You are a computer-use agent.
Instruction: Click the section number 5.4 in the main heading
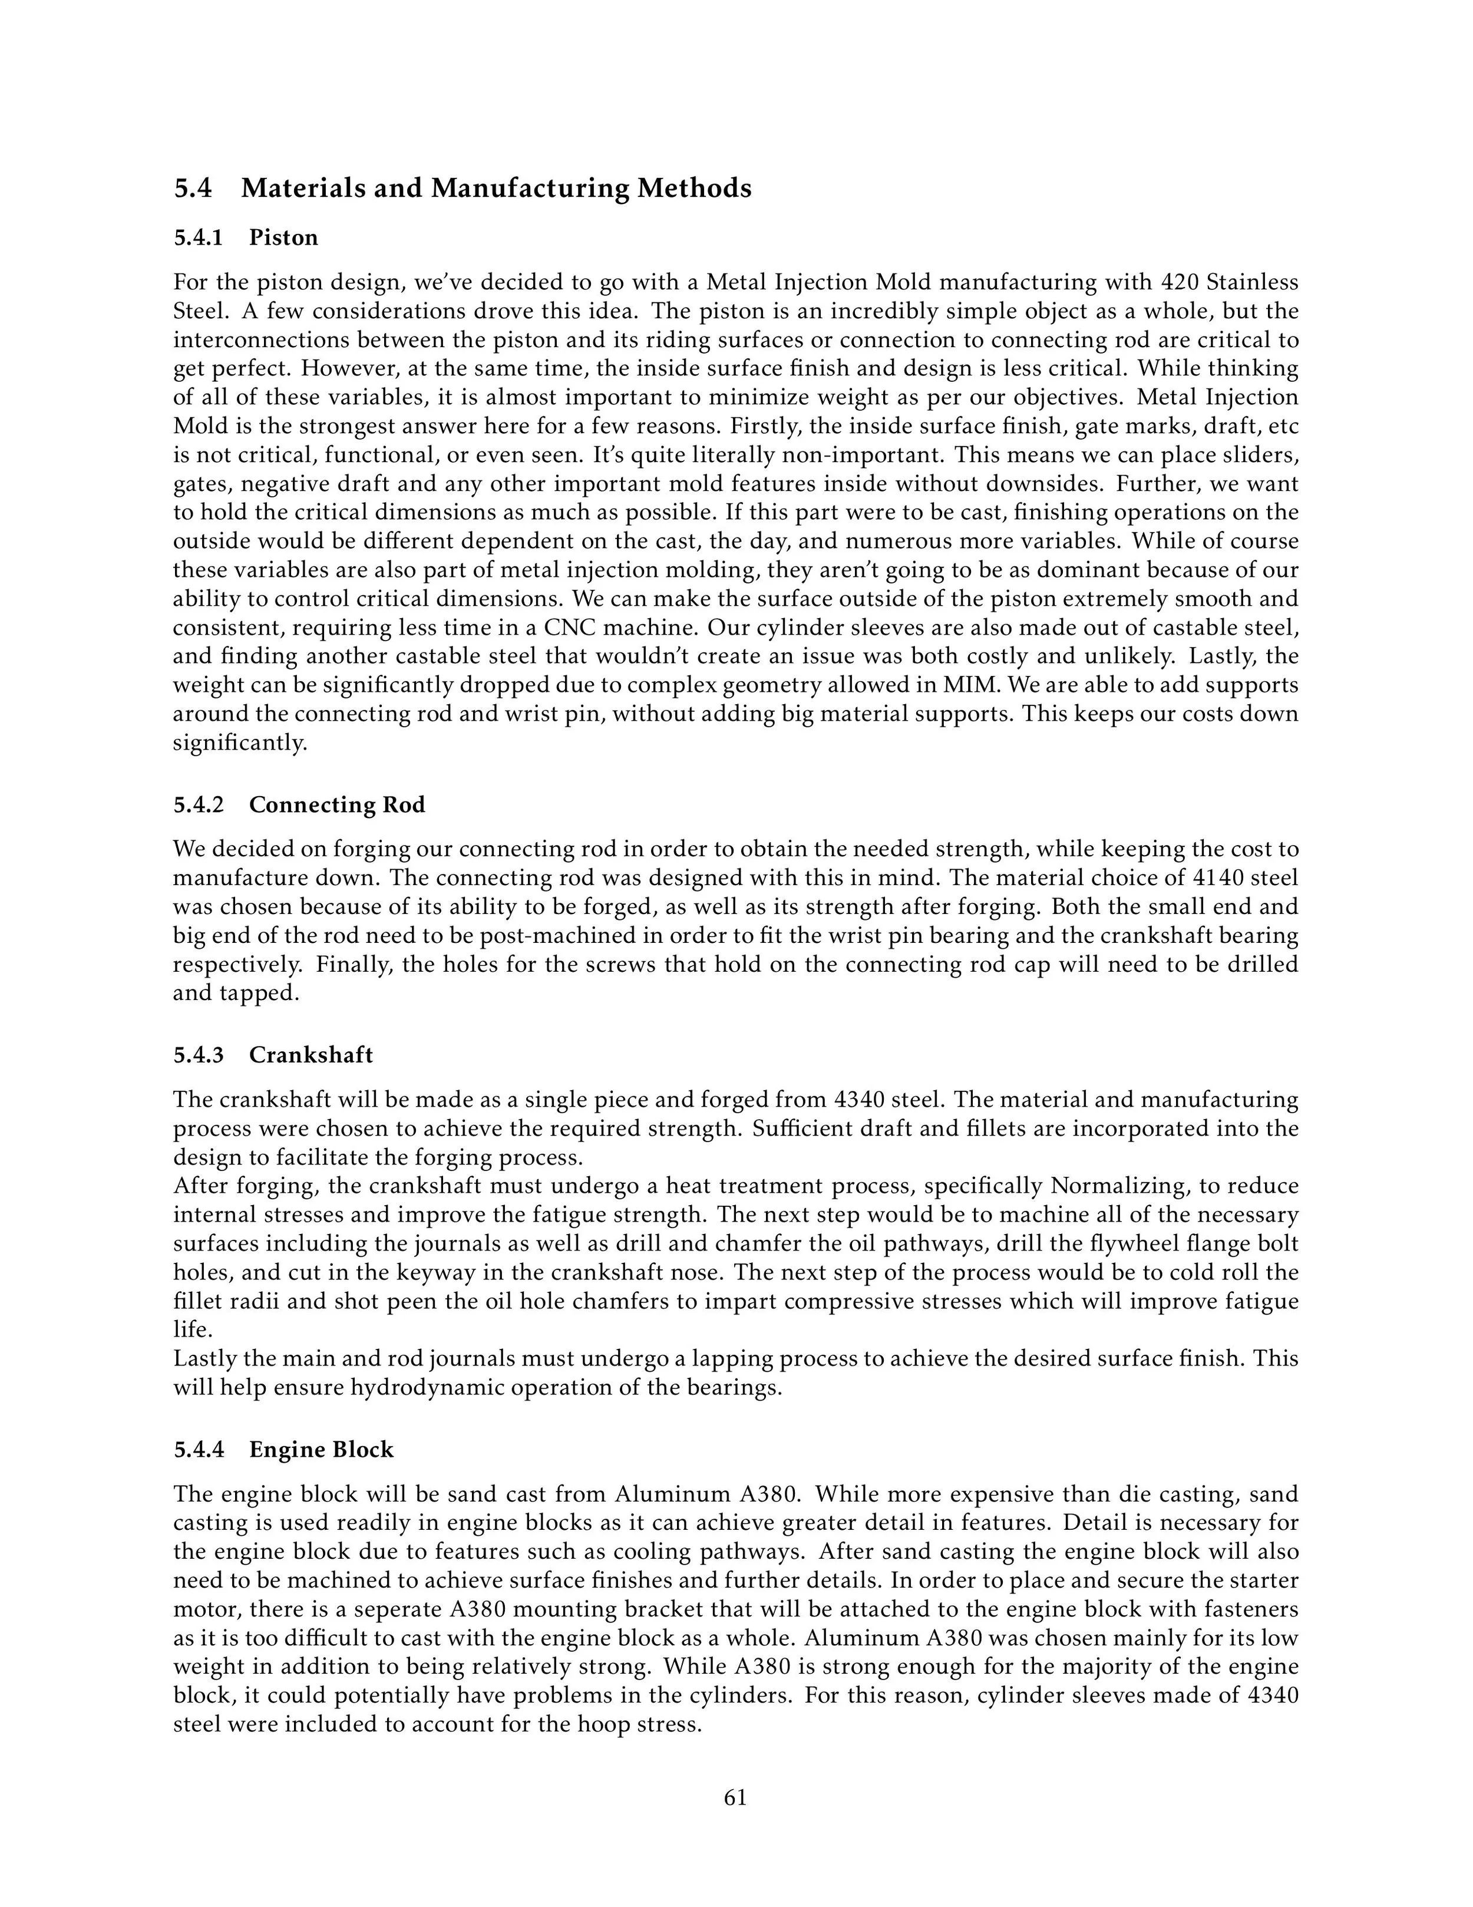click(x=193, y=188)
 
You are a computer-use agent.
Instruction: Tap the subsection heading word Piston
click(x=284, y=237)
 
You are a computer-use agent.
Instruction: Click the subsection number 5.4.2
click(x=199, y=804)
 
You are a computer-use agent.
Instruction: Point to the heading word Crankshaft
click(x=311, y=1055)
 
